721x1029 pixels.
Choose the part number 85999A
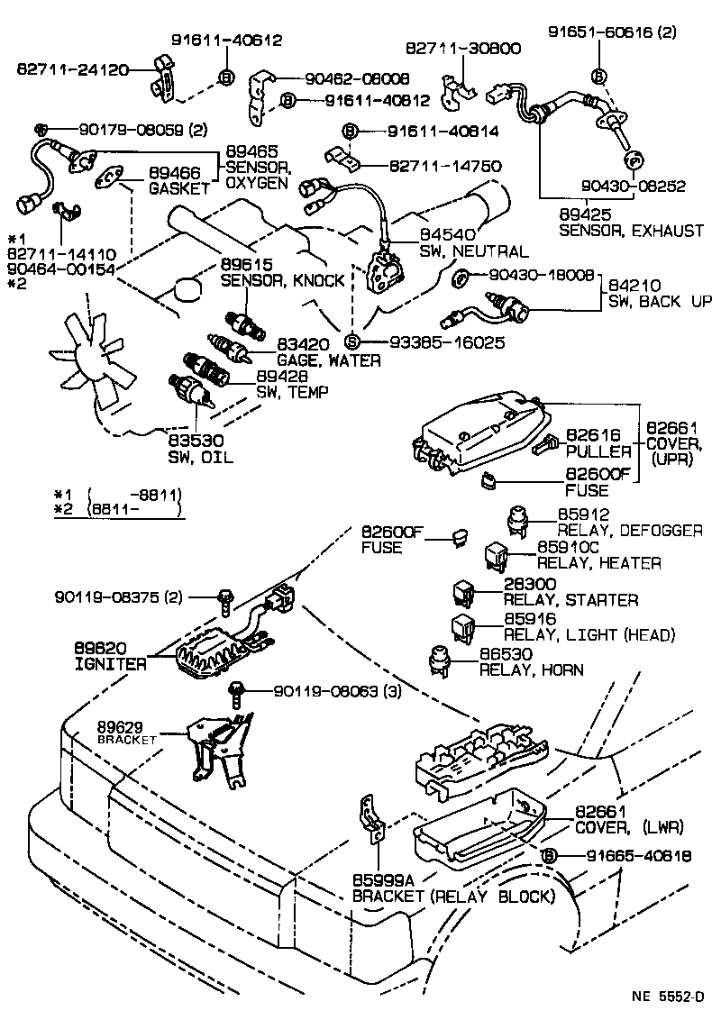point(380,879)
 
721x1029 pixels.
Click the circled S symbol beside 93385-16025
point(352,342)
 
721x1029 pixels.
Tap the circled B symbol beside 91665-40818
point(550,856)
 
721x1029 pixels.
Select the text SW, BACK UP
point(660,302)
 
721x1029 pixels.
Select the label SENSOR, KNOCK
point(282,280)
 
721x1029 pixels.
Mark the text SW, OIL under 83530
point(200,457)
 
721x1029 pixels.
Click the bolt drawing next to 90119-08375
point(223,597)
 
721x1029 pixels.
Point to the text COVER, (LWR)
point(629,826)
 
